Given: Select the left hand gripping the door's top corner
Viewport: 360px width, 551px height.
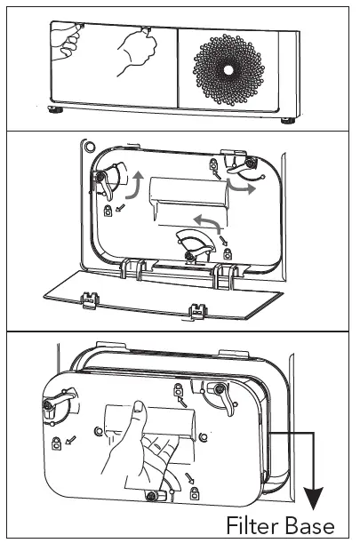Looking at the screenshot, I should (65, 41).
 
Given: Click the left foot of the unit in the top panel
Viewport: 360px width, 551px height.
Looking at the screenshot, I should (55, 112).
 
